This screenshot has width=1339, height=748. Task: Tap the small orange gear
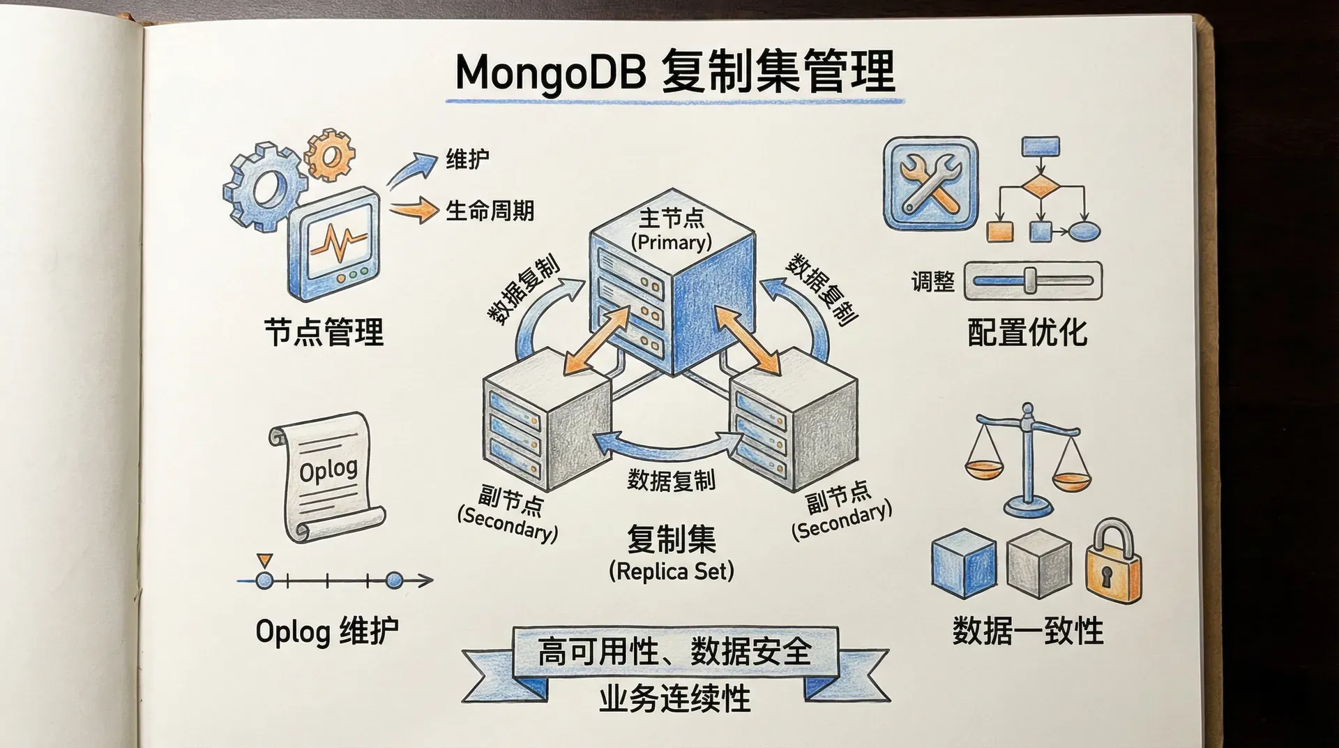coord(330,154)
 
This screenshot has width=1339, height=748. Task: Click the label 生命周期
coord(490,211)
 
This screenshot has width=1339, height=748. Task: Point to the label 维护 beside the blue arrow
coord(467,159)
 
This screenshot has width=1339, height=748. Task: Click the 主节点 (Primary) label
coord(671,230)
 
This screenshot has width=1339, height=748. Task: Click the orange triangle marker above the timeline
coord(264,560)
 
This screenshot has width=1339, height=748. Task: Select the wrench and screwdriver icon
coord(930,184)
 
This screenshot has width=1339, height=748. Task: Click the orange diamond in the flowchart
coord(1040,188)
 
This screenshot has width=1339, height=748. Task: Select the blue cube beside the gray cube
coord(963,562)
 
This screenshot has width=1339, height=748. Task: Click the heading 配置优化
coord(1027,332)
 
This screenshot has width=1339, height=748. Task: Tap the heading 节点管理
coord(324,332)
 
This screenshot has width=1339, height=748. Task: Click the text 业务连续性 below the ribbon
coord(674,698)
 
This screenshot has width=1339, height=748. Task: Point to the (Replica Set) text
coord(671,571)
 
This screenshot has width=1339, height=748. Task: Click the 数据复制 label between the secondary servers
coord(671,480)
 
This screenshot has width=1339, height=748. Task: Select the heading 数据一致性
coord(1027,631)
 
